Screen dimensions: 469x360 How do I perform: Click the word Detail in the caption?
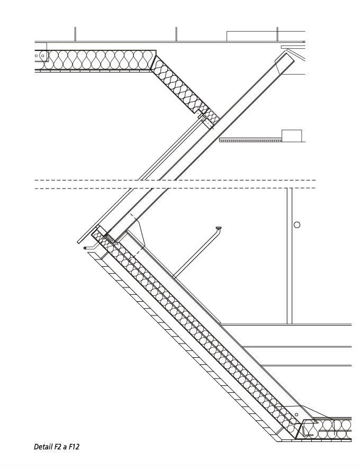tap(43, 447)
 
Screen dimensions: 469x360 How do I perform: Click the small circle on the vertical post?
tap(297, 224)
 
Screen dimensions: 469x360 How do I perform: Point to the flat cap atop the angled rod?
tap(218, 228)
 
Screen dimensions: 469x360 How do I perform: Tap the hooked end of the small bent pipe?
tap(86, 248)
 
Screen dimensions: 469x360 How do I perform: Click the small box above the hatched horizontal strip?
tap(291, 136)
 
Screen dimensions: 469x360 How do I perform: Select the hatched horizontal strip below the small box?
tap(250, 140)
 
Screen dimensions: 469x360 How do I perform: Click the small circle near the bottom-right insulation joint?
tap(296, 414)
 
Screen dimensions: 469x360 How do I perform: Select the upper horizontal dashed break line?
tap(175, 181)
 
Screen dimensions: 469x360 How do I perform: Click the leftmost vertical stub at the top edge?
tap(75, 34)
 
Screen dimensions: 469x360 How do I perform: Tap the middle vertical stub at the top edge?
tap(176, 34)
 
